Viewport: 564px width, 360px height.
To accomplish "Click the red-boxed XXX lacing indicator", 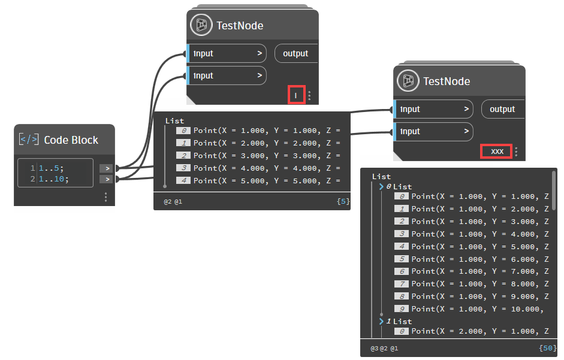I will (497, 152).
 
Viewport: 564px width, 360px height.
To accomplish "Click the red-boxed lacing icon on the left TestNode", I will (295, 95).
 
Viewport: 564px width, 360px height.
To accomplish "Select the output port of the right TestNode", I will (502, 109).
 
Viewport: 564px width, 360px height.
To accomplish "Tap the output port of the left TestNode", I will (295, 53).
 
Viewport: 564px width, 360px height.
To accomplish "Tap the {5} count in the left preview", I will (343, 202).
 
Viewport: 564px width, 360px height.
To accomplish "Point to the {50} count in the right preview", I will (547, 347).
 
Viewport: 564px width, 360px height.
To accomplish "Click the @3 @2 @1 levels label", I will (384, 347).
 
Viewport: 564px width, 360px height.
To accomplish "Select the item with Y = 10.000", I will (477, 309).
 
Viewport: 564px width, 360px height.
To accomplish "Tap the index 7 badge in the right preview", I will (402, 284).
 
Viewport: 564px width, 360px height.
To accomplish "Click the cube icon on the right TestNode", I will (409, 81).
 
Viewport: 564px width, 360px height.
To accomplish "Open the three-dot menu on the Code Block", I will (105, 196).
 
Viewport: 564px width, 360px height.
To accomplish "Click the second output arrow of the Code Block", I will (105, 179).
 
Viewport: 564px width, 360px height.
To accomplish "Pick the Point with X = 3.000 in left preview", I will (266, 156).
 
